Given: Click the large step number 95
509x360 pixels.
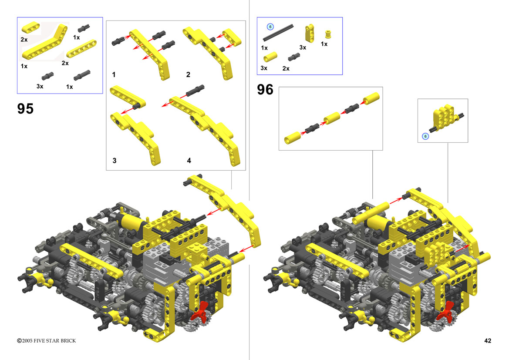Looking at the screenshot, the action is (25, 108).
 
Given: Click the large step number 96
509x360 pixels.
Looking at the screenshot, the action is (265, 90).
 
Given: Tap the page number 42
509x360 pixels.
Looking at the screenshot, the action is (488, 340).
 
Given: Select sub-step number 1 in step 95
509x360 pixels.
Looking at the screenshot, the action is (114, 75).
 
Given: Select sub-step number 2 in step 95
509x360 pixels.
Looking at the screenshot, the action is (188, 75).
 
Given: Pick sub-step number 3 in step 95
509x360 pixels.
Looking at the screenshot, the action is (114, 160).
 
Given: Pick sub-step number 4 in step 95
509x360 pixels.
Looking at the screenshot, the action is (189, 160).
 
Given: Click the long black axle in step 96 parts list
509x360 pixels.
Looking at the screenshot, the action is (278, 33).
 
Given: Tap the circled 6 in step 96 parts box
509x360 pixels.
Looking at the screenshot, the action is (270, 27).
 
